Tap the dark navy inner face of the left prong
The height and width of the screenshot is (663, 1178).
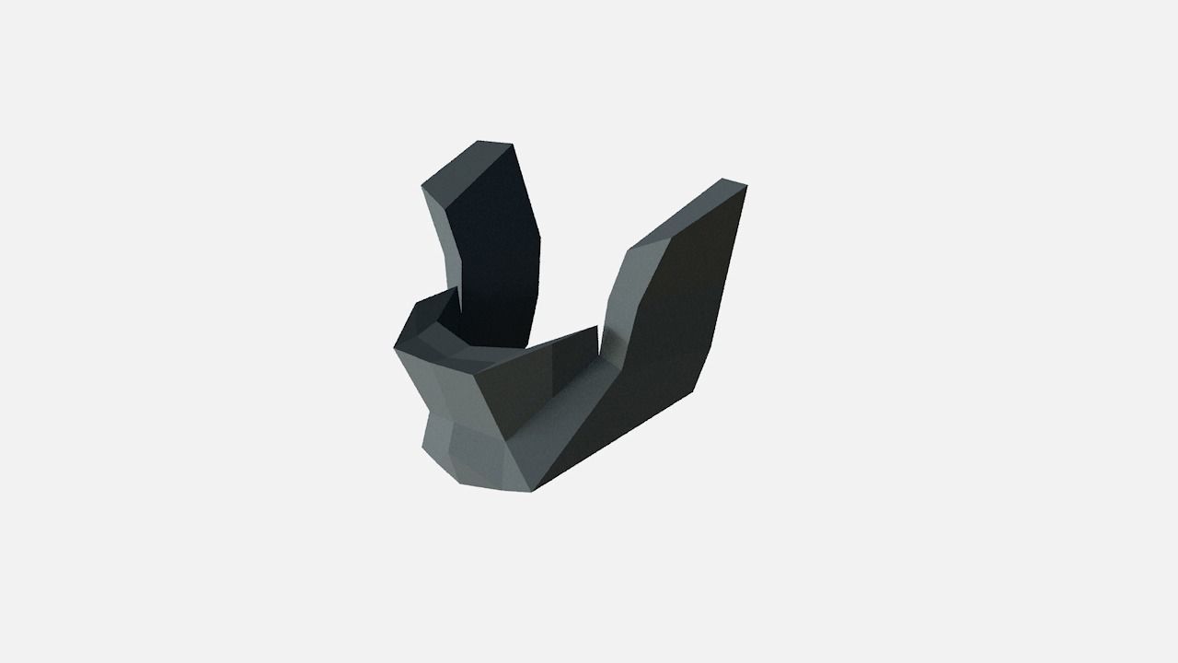point(492,249)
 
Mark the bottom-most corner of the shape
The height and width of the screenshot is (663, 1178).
point(532,491)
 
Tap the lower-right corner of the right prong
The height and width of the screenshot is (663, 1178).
point(696,395)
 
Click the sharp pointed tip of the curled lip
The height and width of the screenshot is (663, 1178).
point(458,287)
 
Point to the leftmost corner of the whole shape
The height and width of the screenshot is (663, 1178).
point(394,347)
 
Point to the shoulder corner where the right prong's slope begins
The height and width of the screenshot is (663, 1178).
point(629,249)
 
